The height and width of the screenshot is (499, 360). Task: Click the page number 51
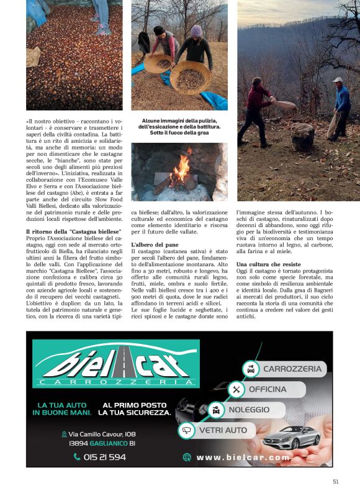coord(335,481)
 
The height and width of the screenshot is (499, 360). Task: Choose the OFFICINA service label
coord(267,389)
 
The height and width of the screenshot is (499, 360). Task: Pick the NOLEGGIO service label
coord(248,410)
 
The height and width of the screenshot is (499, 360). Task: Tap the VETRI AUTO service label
coord(222,429)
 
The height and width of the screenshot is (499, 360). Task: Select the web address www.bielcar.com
coord(243,457)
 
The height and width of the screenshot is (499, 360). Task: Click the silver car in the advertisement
coord(291,436)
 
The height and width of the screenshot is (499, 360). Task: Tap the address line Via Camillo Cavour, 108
coord(102,434)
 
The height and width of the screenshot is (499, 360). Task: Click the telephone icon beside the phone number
coord(77,456)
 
